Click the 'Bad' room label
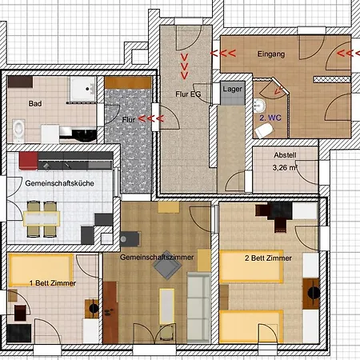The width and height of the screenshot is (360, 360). click(x=35, y=103)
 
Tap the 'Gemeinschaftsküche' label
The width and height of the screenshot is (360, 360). click(x=59, y=183)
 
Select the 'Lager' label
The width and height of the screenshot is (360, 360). click(x=233, y=90)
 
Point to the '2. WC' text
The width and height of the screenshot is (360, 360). click(x=270, y=118)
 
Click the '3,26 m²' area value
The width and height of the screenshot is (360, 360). click(x=285, y=167)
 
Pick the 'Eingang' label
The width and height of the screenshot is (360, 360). click(x=271, y=54)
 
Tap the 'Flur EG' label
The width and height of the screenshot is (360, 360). click(x=188, y=94)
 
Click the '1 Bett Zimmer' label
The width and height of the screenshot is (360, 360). click(x=53, y=283)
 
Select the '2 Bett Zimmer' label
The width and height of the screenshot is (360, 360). click(x=268, y=258)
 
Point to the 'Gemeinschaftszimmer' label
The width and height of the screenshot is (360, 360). click(x=157, y=258)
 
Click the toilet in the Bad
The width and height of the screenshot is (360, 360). click(x=18, y=130)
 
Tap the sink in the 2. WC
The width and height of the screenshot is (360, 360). click(x=259, y=106)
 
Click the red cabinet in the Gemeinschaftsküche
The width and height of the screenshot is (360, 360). click(x=28, y=161)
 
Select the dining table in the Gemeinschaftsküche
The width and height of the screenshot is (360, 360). click(x=42, y=218)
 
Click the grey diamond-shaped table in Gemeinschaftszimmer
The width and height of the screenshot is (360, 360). click(x=167, y=265)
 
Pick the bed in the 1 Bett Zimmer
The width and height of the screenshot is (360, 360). click(x=41, y=270)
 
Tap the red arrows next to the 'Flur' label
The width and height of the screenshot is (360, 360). click(x=151, y=118)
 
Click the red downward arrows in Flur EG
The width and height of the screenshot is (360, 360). click(x=185, y=66)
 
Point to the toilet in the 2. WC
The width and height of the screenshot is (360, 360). click(x=264, y=131)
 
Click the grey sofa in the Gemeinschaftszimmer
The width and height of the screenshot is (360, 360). click(x=198, y=307)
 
